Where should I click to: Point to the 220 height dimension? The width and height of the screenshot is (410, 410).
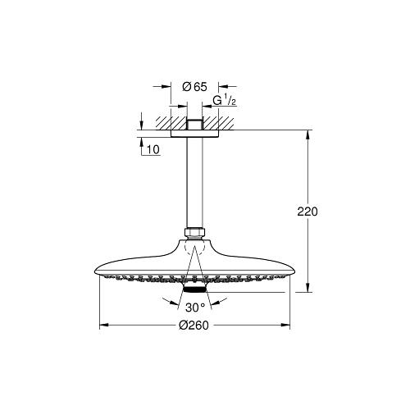307,212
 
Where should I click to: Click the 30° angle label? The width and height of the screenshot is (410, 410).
194,309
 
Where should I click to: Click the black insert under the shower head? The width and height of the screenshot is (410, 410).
194,289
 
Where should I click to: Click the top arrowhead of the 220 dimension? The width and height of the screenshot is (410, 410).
307,132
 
